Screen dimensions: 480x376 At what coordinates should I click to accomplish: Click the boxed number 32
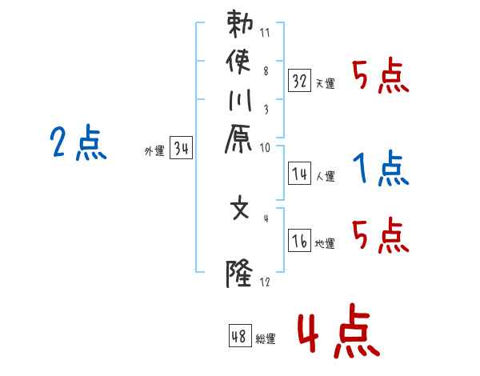[299, 81]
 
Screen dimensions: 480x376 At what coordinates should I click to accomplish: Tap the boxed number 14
[299, 173]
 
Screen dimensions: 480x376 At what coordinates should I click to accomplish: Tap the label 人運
[324, 176]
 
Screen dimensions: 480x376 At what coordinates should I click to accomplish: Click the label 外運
[154, 151]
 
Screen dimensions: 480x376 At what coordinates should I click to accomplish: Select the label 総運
[265, 339]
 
